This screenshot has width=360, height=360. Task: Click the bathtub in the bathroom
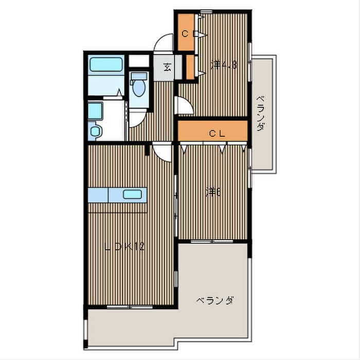(105, 64)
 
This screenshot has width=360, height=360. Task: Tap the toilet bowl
(139, 87)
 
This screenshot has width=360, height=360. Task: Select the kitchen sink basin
(132, 194)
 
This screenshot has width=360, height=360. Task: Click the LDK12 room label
(124, 246)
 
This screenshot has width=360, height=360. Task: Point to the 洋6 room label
(213, 192)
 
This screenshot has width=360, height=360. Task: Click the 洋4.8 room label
(224, 65)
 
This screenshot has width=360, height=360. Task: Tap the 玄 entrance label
(167, 67)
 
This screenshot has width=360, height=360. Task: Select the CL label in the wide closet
(217, 134)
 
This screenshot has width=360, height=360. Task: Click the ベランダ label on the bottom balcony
(215, 300)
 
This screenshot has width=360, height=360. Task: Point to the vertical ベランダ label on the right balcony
(260, 114)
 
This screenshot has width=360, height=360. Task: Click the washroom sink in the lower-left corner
(95, 131)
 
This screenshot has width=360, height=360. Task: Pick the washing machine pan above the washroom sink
(95, 111)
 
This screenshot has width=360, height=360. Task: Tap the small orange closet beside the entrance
(190, 67)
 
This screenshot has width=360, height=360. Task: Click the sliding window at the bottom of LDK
(130, 307)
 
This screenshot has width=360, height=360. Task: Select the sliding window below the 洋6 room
(212, 242)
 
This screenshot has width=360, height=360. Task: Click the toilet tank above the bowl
(139, 76)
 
